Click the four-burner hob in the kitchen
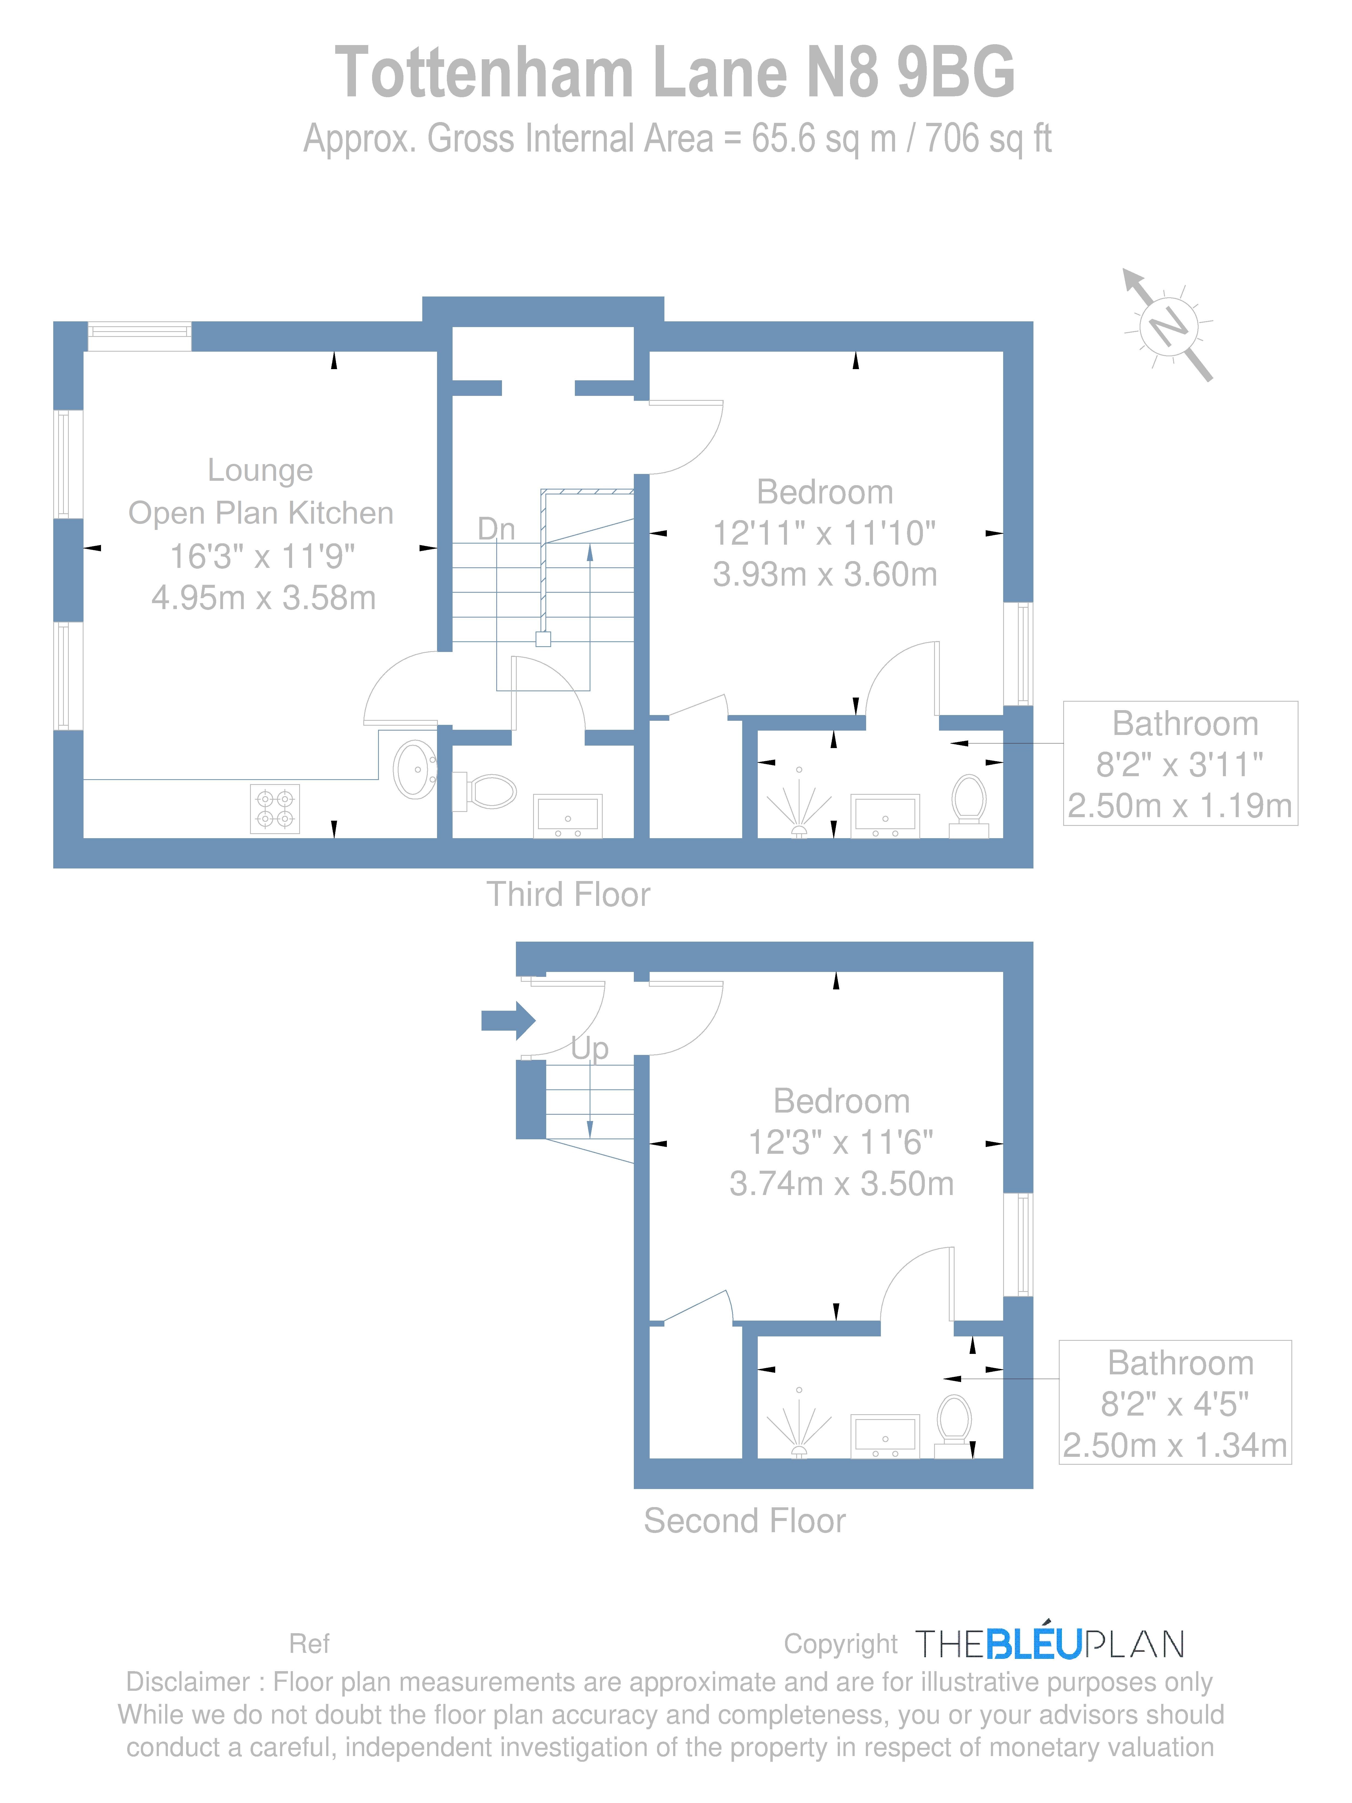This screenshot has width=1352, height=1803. pos(275,809)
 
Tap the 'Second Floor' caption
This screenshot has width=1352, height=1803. pos(744,1521)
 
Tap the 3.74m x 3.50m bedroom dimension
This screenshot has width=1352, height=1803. pos(841,1184)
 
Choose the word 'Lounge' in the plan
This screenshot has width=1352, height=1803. pos(260,470)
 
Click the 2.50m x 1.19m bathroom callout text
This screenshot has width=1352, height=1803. pos(1179,806)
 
